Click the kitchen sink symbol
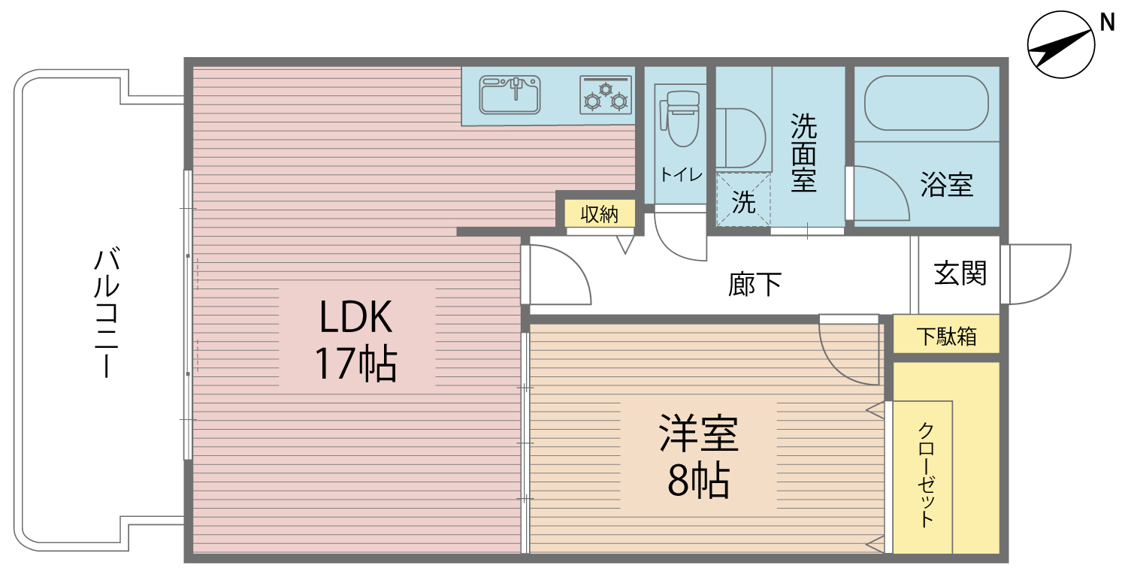510,95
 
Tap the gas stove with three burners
606,95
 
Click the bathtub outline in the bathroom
926,103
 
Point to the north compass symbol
1061,45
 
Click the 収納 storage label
599,214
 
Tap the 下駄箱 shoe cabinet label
946,337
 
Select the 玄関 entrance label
960,273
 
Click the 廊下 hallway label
755,284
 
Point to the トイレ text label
682,175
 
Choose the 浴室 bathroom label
946,184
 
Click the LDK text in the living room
356,316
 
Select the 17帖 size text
356,364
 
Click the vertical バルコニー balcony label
107,312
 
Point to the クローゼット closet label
927,476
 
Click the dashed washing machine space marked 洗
743,199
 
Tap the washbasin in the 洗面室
741,138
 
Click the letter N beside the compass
1107,23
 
